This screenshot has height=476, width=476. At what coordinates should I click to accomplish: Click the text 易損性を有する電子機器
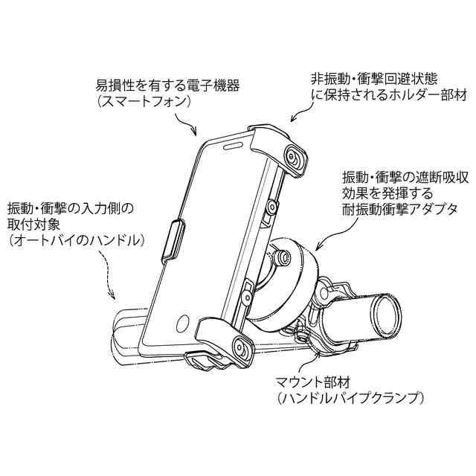click(x=167, y=86)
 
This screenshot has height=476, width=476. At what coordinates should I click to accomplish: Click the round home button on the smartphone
click(x=183, y=324)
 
